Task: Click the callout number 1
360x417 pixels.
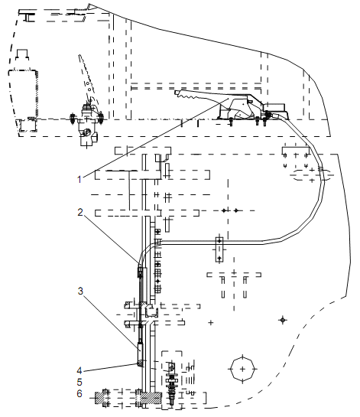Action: click(x=79, y=180)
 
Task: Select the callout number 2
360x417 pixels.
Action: click(x=80, y=212)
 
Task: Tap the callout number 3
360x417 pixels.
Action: click(x=80, y=291)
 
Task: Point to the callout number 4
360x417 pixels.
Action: click(x=79, y=370)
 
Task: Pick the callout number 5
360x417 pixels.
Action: click(x=79, y=382)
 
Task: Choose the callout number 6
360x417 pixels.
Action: click(x=79, y=393)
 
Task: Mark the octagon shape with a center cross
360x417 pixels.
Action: click(x=242, y=369)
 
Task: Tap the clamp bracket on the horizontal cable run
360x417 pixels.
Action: click(x=219, y=249)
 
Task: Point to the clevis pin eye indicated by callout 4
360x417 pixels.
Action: click(x=139, y=363)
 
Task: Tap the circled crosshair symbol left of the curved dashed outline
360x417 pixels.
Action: click(x=283, y=320)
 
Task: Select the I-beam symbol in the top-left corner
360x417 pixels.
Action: click(x=28, y=17)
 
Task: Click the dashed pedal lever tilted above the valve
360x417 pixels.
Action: click(x=87, y=80)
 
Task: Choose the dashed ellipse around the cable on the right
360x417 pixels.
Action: click(x=312, y=174)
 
